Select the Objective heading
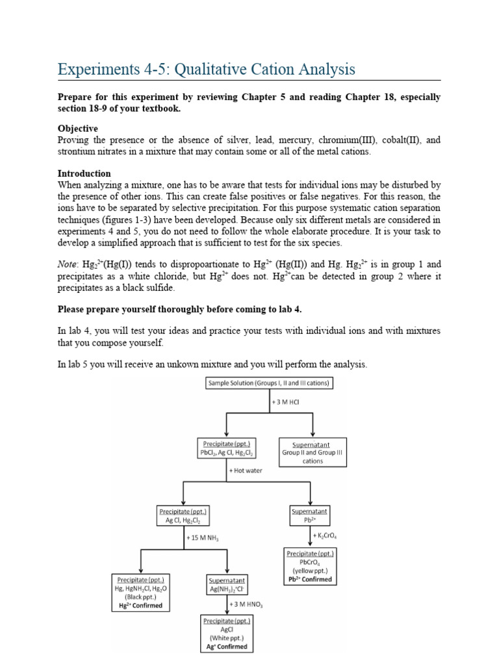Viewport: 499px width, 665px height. tap(78, 129)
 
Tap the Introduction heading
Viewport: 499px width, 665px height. tap(84, 173)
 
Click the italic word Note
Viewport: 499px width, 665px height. tap(68, 264)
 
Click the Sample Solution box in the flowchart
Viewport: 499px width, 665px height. tap(269, 384)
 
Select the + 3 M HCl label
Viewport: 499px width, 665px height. tap(288, 403)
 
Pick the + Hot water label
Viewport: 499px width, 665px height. tap(246, 470)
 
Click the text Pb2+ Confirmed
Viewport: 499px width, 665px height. tap(310, 579)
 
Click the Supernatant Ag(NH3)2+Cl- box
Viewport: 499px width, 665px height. tap(227, 584)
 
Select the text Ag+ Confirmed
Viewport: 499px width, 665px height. tap(227, 647)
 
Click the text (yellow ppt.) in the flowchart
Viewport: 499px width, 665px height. tap(310, 571)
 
